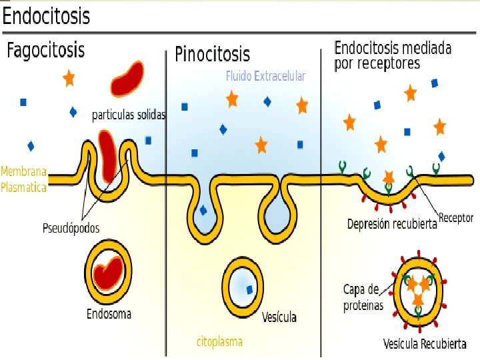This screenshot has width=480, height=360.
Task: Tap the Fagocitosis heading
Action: [46, 50]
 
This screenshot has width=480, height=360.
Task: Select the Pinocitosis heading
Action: [212, 53]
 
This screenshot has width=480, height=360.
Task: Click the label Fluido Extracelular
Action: [265, 76]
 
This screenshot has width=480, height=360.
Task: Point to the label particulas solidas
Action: [128, 115]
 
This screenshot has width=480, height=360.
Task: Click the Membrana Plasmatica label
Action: [24, 179]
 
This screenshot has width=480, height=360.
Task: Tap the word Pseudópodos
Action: [71, 228]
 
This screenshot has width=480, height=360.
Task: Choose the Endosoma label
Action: [109, 313]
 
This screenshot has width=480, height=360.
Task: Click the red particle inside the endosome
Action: [107, 274]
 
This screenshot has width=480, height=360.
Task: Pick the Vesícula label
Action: [279, 317]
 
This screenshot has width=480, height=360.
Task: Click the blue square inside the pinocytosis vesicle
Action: [249, 289]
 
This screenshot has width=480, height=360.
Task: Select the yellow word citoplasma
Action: [219, 341]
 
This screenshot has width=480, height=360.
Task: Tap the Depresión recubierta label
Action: [391, 224]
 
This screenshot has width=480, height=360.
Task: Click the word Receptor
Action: [456, 218]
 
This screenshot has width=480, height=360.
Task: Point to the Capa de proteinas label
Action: [363, 297]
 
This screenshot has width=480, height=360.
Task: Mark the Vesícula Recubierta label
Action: [425, 344]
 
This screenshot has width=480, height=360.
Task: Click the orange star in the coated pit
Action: [389, 177]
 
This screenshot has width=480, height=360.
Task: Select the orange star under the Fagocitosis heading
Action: [69, 78]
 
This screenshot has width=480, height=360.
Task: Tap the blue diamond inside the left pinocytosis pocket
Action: [203, 210]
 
